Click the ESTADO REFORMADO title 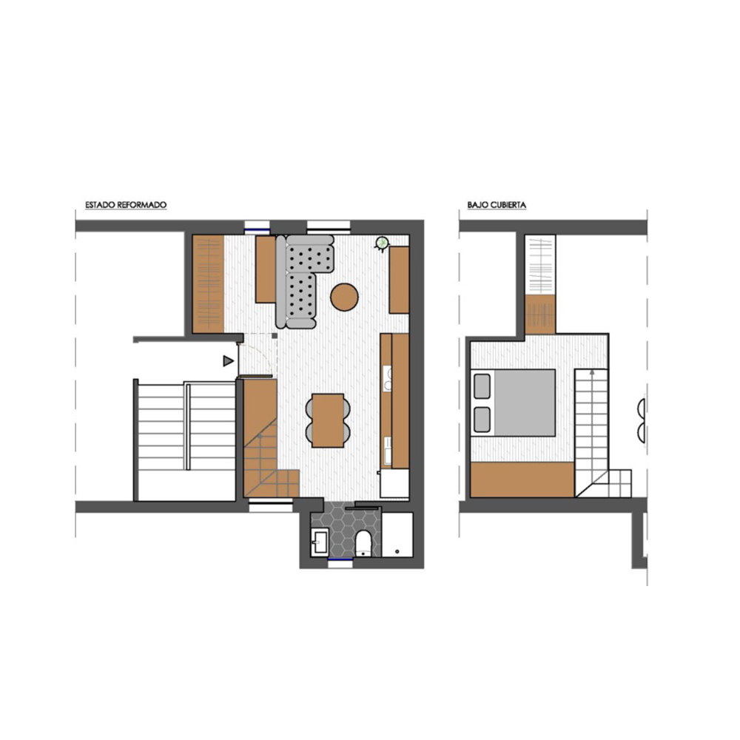(126, 205)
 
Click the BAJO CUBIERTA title (497, 205)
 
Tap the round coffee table (345, 297)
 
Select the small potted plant (381, 243)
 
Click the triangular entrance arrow (229, 361)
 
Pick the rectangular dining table (328, 420)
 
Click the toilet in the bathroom (363, 543)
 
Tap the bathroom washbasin (320, 542)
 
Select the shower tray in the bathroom (397, 535)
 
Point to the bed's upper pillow (482, 386)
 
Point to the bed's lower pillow (482, 420)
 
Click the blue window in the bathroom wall (340, 559)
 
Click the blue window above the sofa (257, 230)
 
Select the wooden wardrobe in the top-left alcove (208, 283)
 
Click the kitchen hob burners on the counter (388, 378)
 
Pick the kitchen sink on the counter (388, 450)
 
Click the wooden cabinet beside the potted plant (399, 280)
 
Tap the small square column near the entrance (274, 335)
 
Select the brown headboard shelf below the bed (522, 480)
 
